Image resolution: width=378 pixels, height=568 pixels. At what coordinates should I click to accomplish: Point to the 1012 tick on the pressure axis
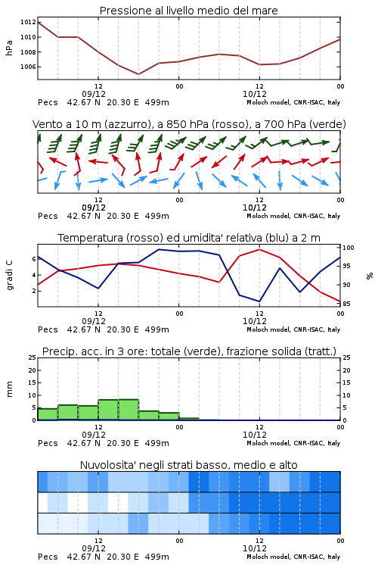[28, 22]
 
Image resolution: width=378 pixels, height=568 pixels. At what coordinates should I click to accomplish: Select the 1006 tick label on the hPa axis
[28, 67]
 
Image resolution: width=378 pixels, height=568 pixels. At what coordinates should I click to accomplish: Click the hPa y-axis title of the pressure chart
[9, 48]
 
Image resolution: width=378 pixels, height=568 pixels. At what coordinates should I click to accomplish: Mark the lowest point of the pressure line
[138, 74]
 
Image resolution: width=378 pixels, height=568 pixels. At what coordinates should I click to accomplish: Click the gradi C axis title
[10, 276]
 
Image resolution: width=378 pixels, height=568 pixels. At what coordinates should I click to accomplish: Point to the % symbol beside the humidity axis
[370, 276]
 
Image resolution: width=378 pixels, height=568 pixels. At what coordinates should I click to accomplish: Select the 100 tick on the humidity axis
[349, 248]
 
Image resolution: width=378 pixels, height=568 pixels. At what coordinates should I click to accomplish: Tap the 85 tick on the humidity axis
[346, 304]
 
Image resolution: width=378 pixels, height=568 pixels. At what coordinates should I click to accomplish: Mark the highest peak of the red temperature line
[259, 249]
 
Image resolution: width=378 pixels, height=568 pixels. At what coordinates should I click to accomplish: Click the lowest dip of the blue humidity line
[259, 301]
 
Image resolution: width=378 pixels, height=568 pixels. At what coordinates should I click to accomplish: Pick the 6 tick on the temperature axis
[34, 259]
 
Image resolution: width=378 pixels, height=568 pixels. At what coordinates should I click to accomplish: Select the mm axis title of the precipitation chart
[10, 389]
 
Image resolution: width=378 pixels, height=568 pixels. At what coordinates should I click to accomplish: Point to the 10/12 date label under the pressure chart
[255, 94]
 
